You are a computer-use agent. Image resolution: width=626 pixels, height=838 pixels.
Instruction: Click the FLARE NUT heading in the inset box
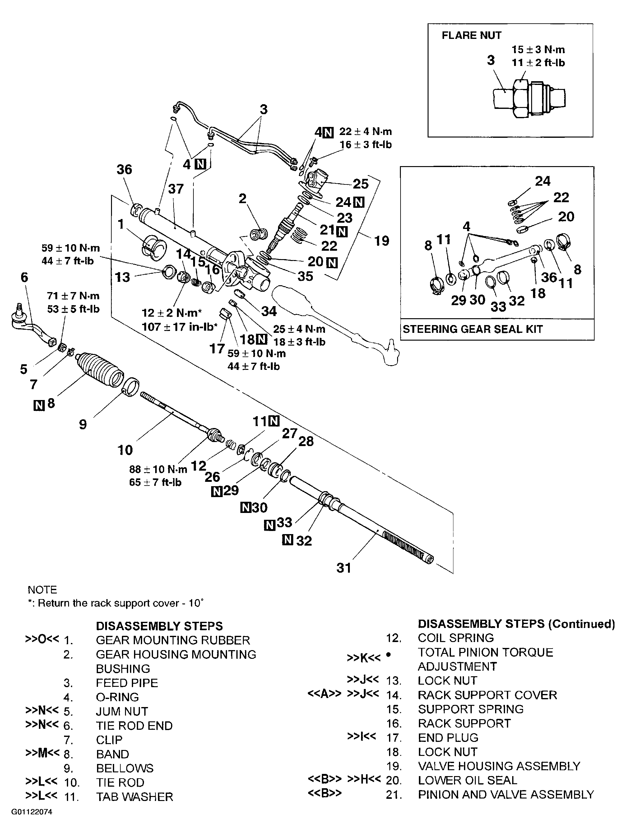tap(471, 35)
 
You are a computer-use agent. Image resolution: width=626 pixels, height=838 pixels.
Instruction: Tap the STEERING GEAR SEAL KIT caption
tap(472, 329)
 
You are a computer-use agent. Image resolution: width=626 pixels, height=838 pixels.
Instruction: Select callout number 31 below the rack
tap(344, 567)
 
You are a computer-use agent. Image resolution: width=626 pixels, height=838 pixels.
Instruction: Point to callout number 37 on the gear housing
tap(176, 189)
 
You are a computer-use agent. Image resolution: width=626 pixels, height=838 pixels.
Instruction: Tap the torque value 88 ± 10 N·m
tap(158, 469)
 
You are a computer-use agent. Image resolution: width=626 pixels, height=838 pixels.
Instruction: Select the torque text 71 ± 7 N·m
tap(73, 296)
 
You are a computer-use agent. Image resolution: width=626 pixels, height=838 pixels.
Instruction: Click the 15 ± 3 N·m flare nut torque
tap(538, 50)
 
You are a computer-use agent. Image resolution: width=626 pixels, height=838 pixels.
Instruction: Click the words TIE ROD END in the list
tap(134, 725)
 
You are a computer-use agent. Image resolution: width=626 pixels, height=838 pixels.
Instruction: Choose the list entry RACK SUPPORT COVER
tap(487, 695)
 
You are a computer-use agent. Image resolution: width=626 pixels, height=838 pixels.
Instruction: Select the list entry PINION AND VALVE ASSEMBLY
tap(506, 794)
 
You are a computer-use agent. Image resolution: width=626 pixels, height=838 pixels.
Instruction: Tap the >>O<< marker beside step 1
tap(42, 639)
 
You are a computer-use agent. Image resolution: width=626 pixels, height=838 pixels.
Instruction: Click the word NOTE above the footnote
tap(42, 589)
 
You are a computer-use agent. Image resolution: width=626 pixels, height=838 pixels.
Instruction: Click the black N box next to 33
tap(269, 525)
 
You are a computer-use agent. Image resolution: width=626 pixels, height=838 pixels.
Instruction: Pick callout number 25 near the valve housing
tap(360, 184)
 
